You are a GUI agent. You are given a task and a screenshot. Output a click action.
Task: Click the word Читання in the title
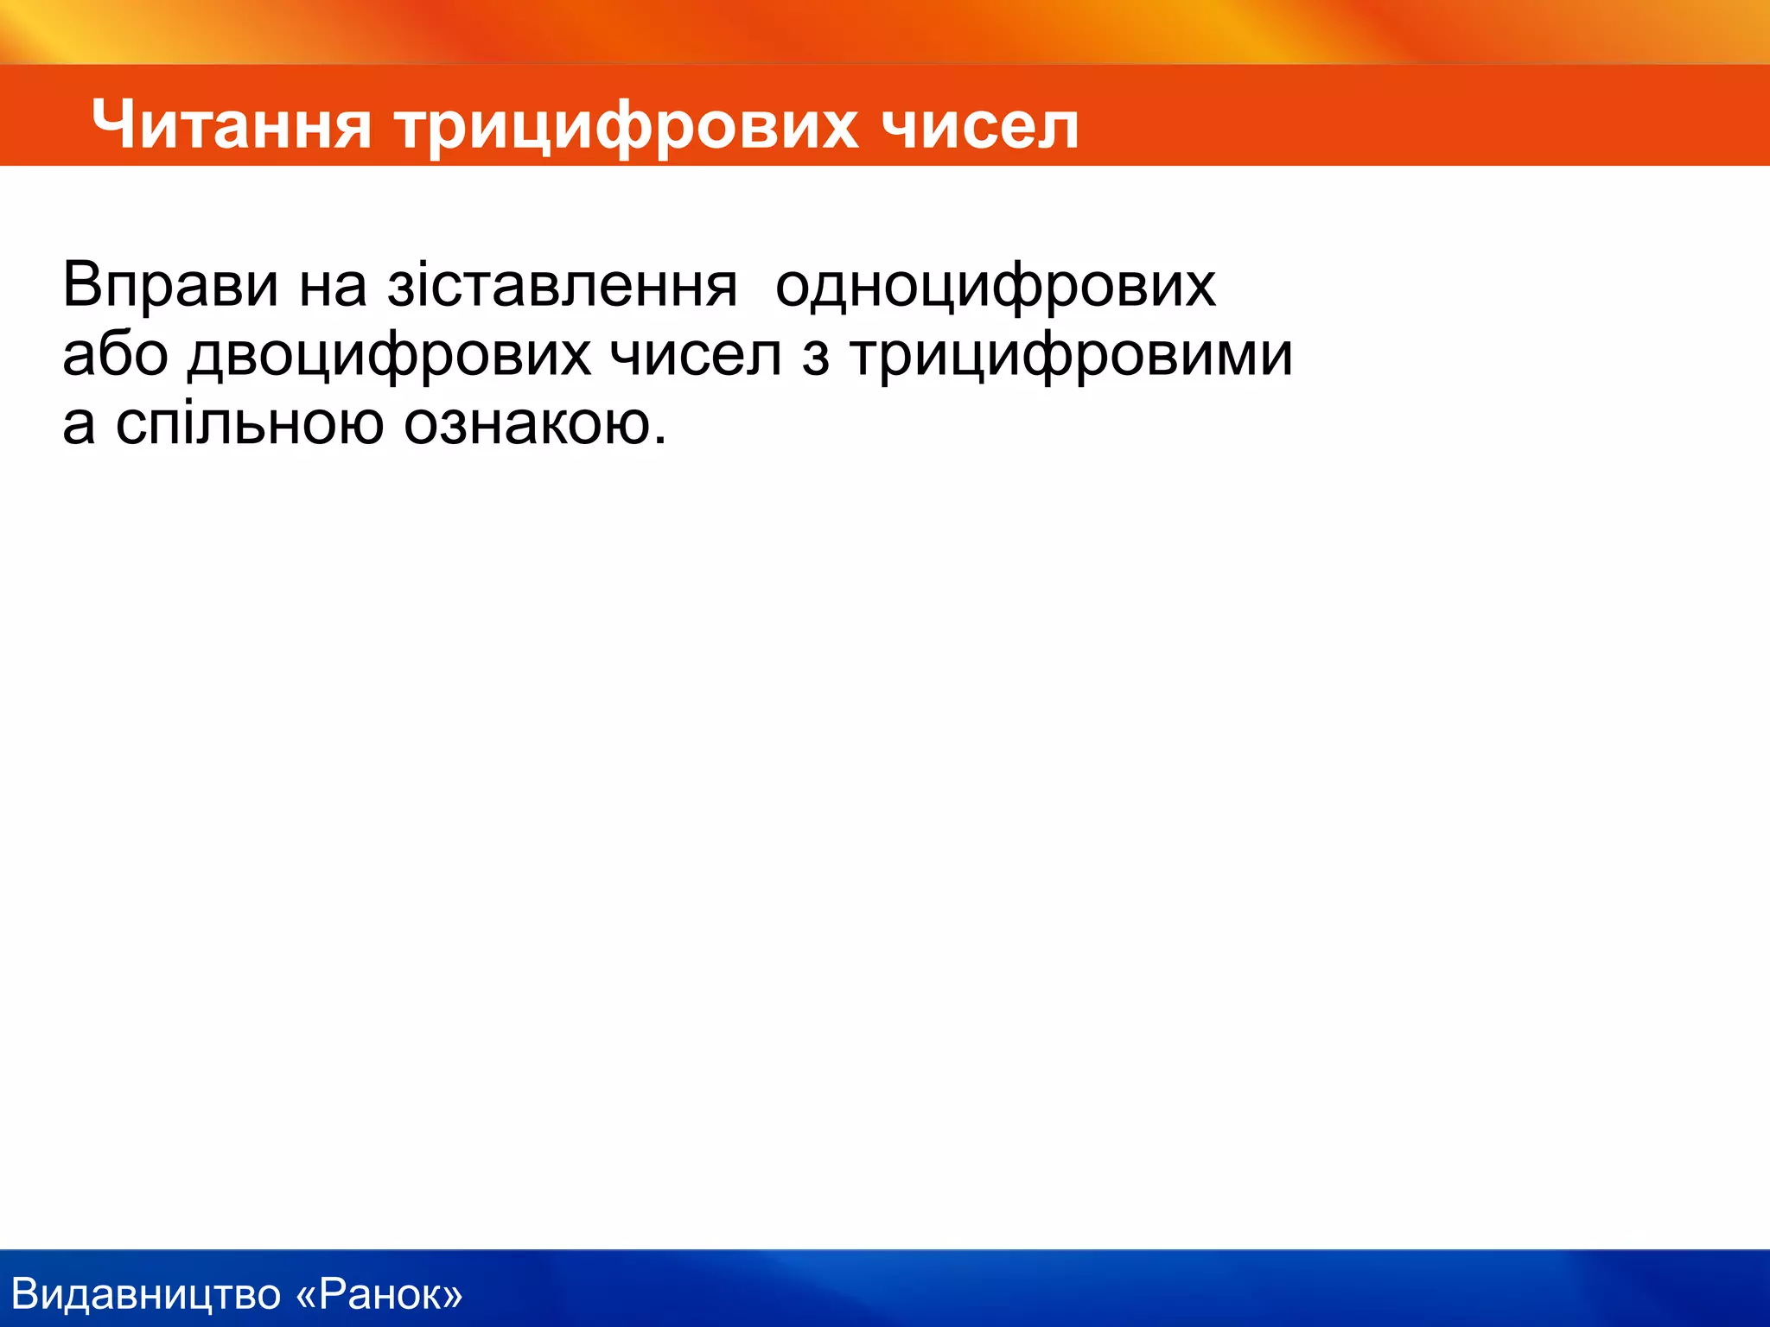coord(232,125)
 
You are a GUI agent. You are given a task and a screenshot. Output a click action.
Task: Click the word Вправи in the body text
coord(170,285)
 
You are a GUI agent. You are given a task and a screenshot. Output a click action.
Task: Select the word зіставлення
coord(562,285)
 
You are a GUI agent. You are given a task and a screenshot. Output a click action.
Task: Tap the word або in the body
coord(115,354)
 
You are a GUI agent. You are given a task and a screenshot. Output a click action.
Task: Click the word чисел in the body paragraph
coord(695,354)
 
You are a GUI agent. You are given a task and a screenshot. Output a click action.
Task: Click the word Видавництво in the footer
coord(146,1294)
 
